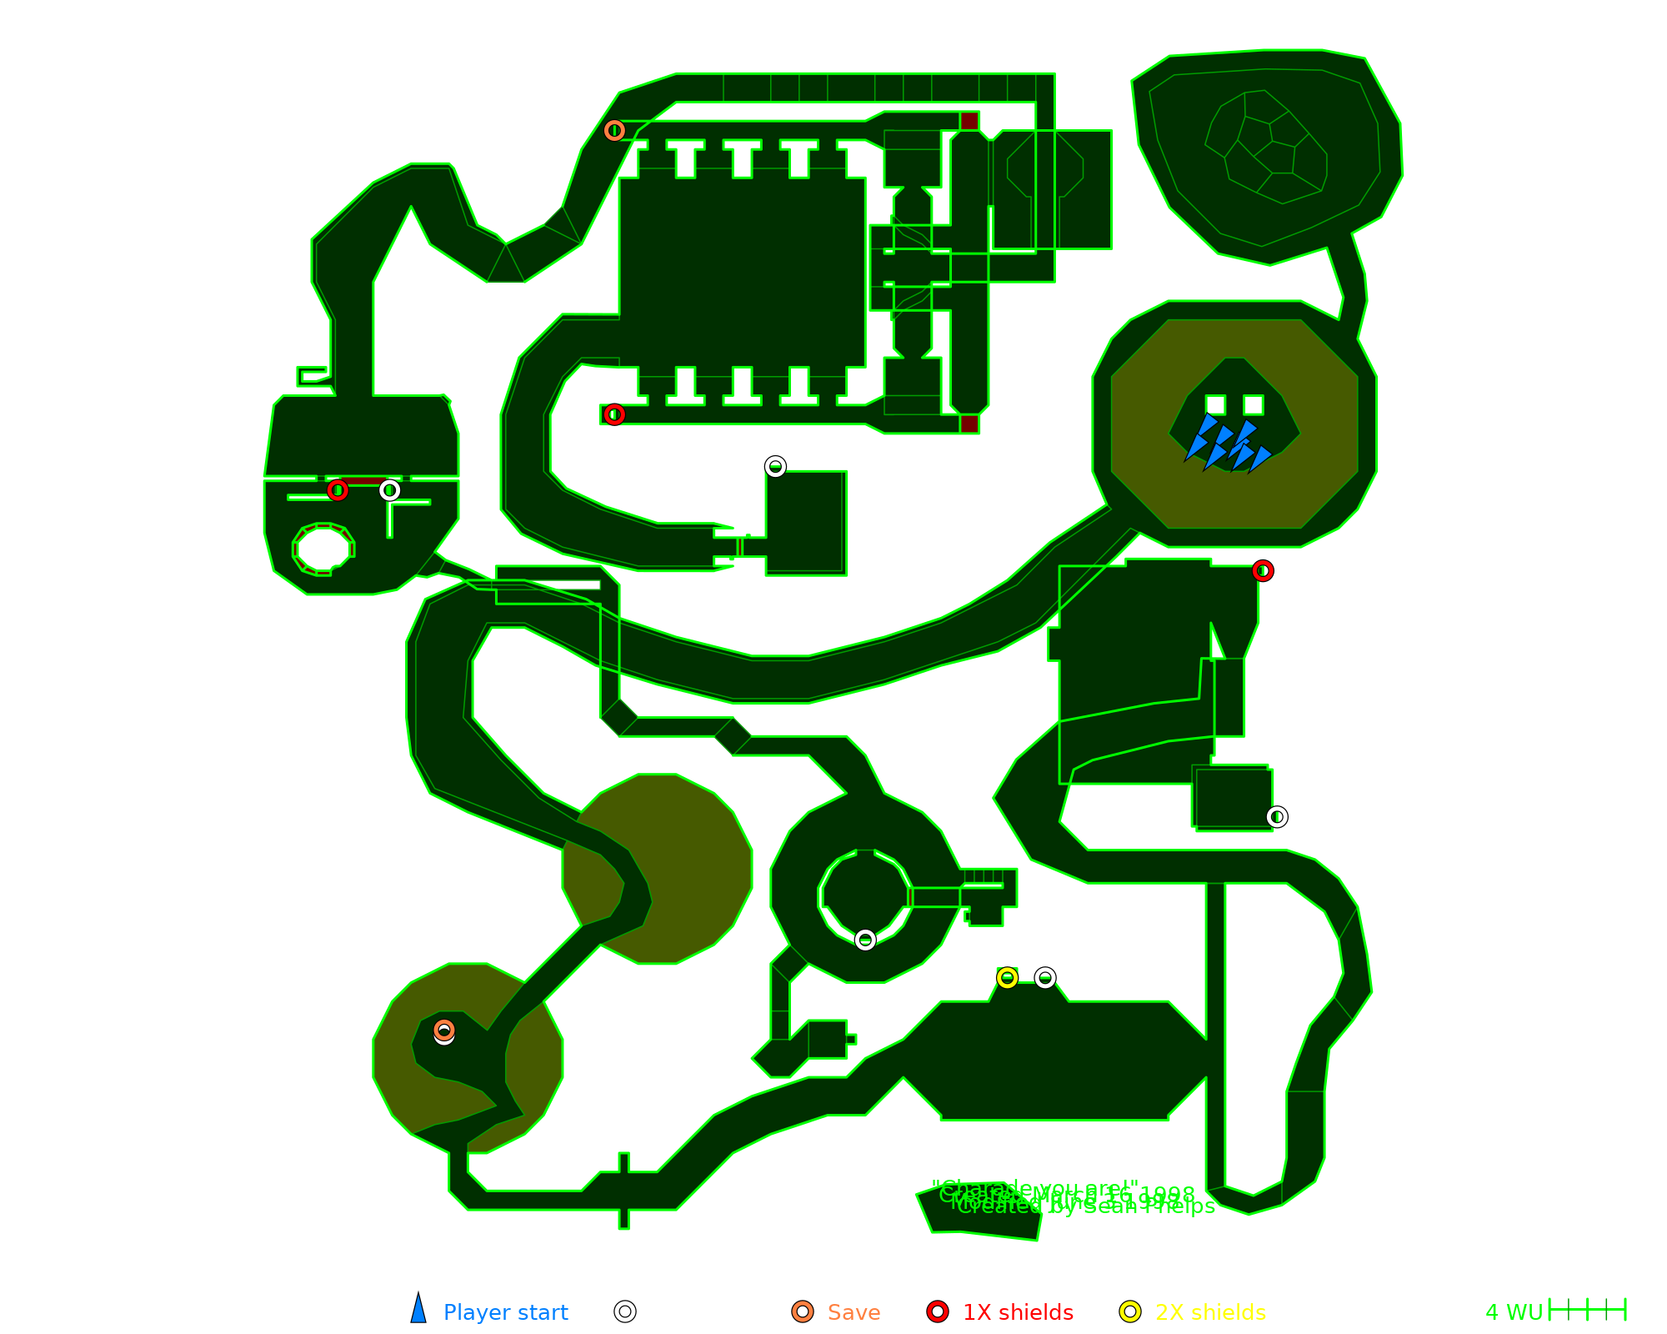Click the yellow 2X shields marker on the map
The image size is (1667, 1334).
coord(1007,977)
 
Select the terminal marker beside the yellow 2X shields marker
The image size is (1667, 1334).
coord(1045,977)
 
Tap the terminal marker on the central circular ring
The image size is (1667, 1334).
coord(865,940)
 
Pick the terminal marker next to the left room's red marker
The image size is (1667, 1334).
coord(389,490)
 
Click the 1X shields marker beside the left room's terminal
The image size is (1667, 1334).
coord(338,490)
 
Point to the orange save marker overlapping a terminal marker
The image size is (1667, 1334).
coord(444,1030)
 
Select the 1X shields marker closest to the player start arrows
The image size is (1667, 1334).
coord(1263,571)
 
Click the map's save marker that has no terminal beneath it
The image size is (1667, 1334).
coord(614,130)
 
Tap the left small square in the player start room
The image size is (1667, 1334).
coord(1215,405)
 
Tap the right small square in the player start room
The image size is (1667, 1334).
coord(1253,405)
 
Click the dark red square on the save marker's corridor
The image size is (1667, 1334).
coord(969,121)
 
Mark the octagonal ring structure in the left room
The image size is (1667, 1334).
coord(323,549)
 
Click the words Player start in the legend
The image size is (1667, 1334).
coord(505,1312)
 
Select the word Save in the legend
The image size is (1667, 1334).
coord(854,1312)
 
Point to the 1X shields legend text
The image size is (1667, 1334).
coord(1018,1312)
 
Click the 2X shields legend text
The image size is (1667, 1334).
coord(1210,1312)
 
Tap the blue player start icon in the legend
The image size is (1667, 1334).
coord(418,1309)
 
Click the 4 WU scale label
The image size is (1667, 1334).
coord(1514,1312)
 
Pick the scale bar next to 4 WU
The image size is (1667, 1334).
coord(1587,1310)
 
